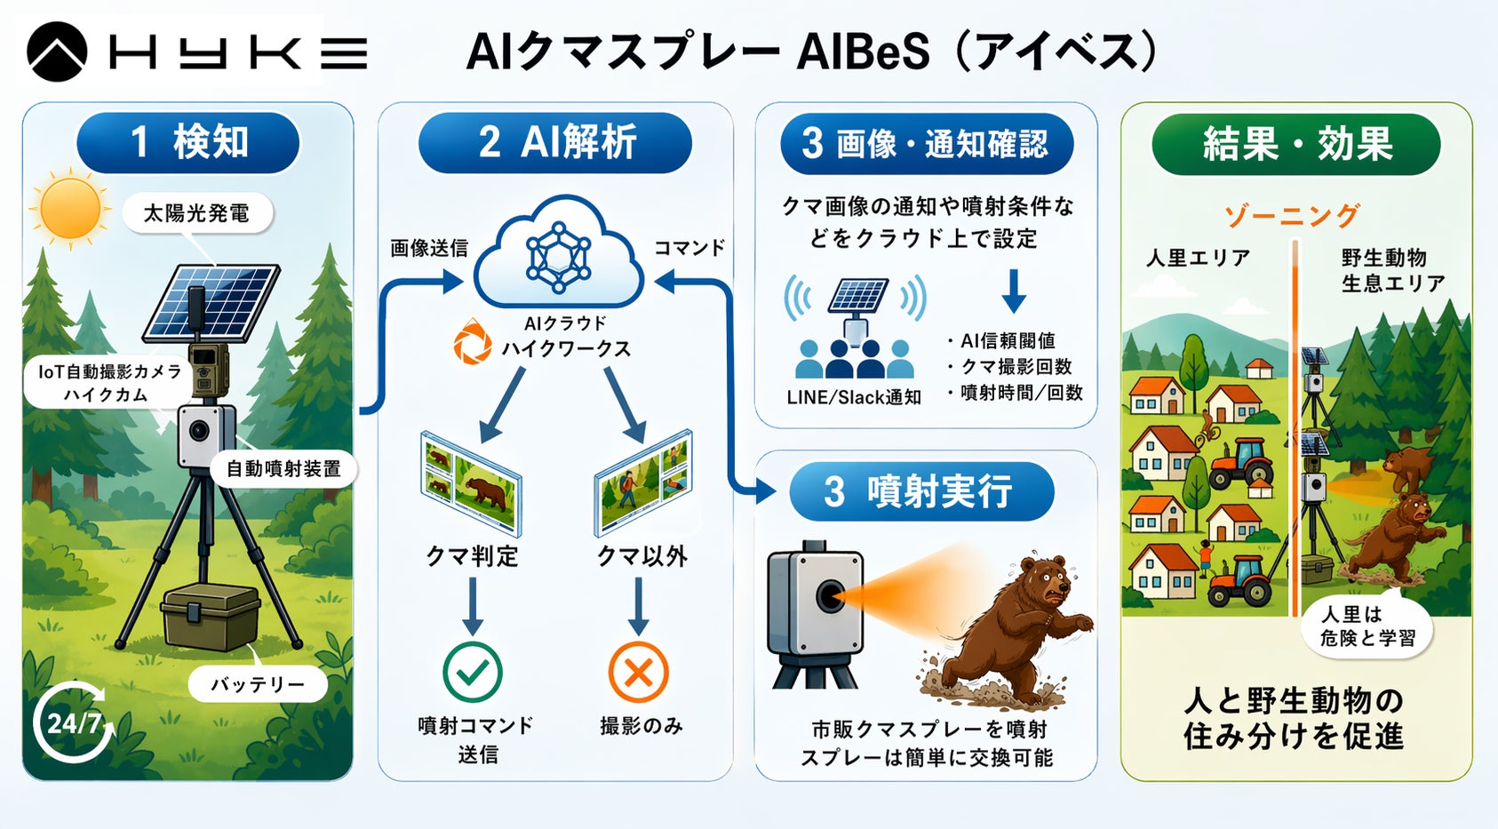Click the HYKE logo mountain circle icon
tap(57, 52)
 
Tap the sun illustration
tap(70, 208)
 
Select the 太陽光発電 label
tap(196, 213)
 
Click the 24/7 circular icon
tap(73, 721)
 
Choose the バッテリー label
tap(257, 684)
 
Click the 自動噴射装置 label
tap(283, 468)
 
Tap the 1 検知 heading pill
tap(188, 142)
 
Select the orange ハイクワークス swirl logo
tap(472, 344)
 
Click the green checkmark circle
tap(473, 672)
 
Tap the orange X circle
tap(638, 672)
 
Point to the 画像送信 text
tap(429, 248)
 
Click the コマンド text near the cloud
tap(689, 248)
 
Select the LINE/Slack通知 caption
tap(854, 397)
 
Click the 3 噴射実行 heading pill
tap(921, 491)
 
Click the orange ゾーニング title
tap(1292, 215)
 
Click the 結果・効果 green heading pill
tap(1296, 144)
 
